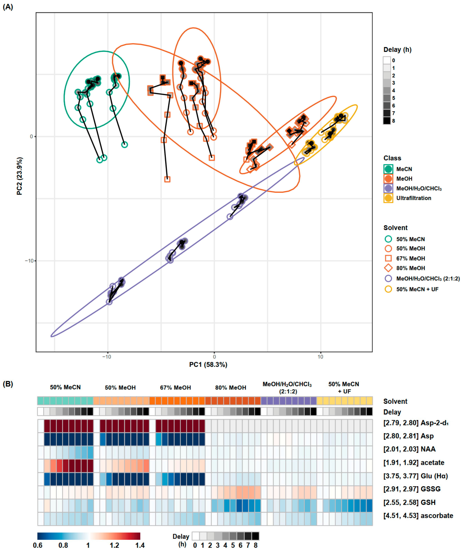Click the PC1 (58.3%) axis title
(208, 365)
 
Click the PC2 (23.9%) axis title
(20, 176)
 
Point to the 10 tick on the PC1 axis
(320, 357)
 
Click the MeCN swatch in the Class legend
(388, 169)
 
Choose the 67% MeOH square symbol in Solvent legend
(388, 258)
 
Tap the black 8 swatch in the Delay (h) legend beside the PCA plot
(387, 121)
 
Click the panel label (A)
(8, 7)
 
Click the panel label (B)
(8, 384)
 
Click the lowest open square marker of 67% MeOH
(167, 179)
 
